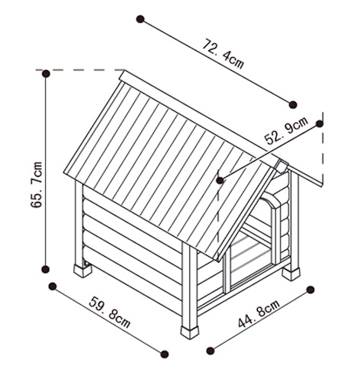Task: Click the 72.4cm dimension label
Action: coord(223,54)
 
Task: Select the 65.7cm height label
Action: coord(37,184)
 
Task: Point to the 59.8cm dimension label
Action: coord(110,312)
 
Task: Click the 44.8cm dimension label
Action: coord(259,313)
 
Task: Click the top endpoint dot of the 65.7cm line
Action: coord(46,74)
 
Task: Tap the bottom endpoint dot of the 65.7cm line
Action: coord(45,270)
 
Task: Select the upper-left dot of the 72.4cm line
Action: coord(140,19)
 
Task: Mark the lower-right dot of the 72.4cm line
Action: coord(293,104)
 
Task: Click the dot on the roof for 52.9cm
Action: coord(220,181)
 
